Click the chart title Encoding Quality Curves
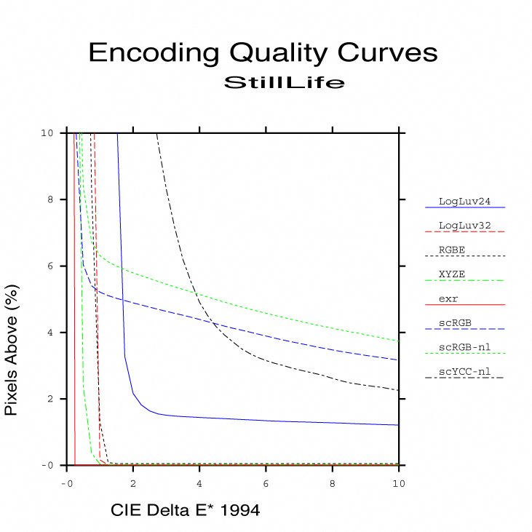click(263, 53)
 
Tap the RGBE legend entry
click(452, 250)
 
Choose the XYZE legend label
click(452, 274)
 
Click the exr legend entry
click(449, 298)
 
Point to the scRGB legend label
click(454, 323)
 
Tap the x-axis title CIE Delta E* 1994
click(185, 511)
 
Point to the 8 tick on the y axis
click(48, 200)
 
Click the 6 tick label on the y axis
click(48, 266)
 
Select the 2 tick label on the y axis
click(48, 400)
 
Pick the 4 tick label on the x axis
click(199, 483)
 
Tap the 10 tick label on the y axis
click(46, 133)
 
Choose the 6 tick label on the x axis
click(266, 483)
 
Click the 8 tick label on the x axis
click(333, 483)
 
